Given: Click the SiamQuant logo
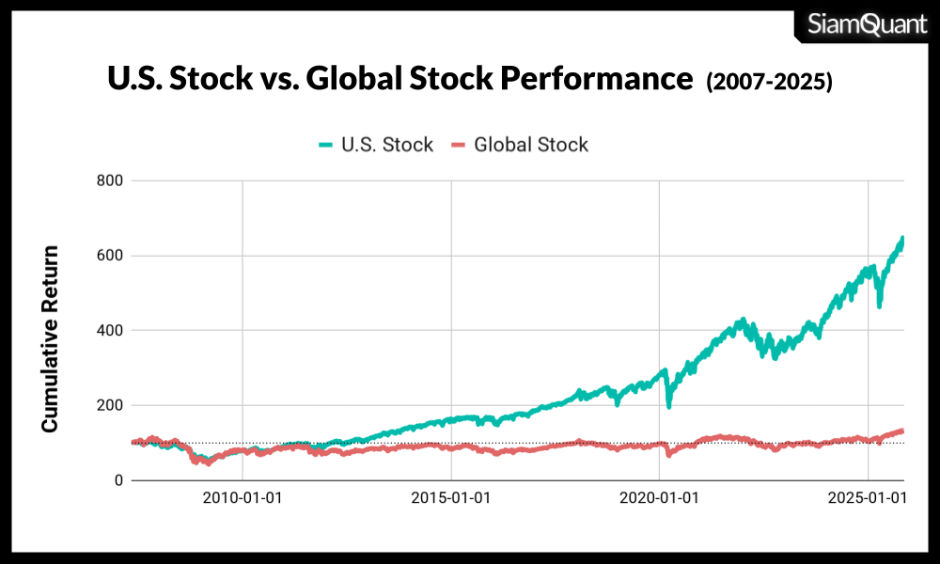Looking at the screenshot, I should [867, 23].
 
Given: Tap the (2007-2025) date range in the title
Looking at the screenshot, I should [769, 83].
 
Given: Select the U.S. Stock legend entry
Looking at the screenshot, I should [376, 145].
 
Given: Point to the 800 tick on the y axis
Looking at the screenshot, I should [110, 180].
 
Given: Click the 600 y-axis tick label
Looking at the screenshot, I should [110, 256].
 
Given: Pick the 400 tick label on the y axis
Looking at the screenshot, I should [110, 331].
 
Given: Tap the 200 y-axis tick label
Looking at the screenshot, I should [110, 406].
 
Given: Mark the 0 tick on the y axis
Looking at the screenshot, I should [118, 481].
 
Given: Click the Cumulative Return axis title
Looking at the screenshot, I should [50, 338].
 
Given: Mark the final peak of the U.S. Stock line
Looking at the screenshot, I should [902, 239].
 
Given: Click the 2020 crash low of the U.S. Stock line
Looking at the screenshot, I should [668, 405].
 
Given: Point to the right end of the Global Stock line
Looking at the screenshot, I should [902, 431].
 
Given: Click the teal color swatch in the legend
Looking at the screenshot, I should [326, 145].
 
